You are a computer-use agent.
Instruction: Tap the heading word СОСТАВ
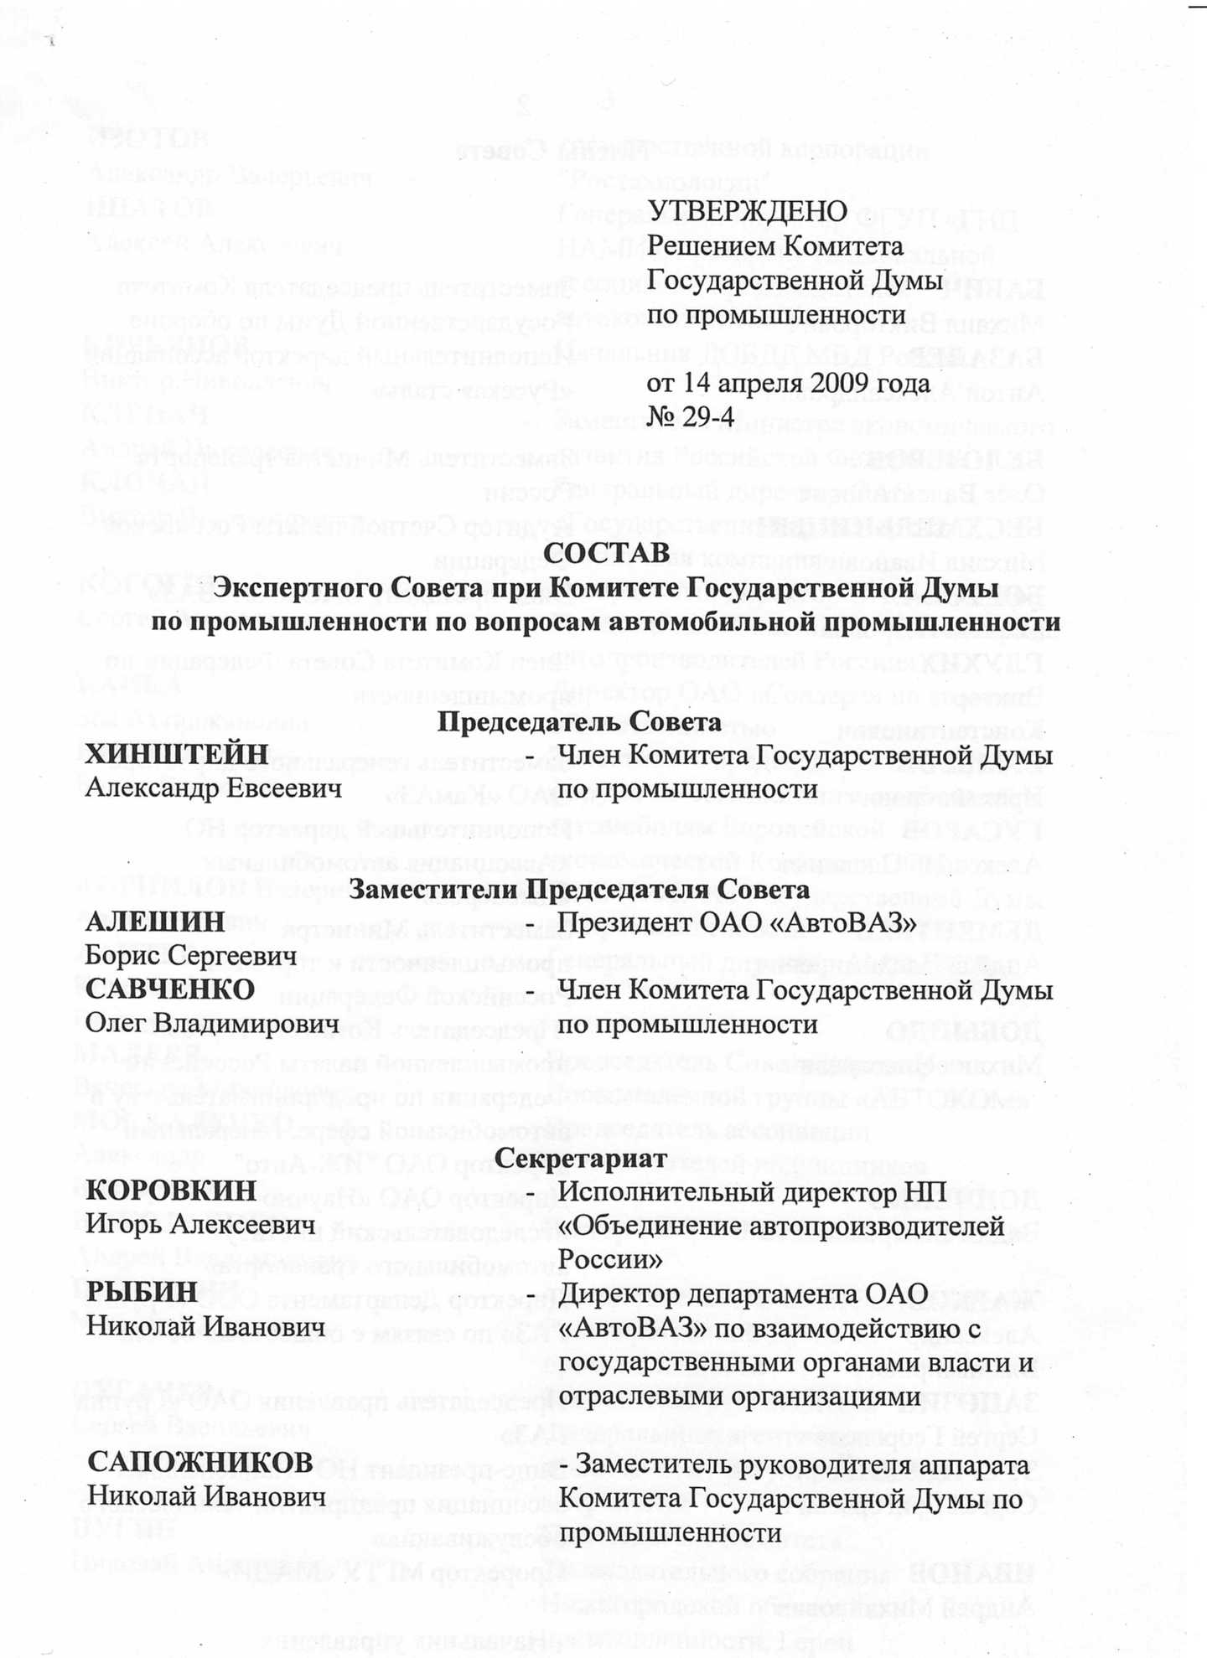pyautogui.click(x=607, y=552)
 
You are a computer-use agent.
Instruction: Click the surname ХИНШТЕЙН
pyautogui.click(x=177, y=754)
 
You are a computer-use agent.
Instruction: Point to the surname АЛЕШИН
pyautogui.click(x=155, y=922)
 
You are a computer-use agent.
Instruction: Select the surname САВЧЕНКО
pyautogui.click(x=170, y=989)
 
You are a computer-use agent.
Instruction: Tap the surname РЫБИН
pyautogui.click(x=142, y=1291)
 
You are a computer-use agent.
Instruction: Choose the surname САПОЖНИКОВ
pyautogui.click(x=200, y=1463)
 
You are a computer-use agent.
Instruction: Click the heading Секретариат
pyautogui.click(x=580, y=1158)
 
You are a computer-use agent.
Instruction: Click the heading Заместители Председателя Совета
pyautogui.click(x=578, y=889)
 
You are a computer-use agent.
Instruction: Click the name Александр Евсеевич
pyautogui.click(x=214, y=788)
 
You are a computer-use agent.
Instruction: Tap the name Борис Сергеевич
pyautogui.click(x=191, y=956)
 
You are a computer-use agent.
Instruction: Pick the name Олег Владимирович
pyautogui.click(x=212, y=1023)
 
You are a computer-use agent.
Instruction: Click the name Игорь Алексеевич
pyautogui.click(x=205, y=1225)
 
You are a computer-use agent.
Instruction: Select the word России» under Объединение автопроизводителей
pyautogui.click(x=610, y=1259)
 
